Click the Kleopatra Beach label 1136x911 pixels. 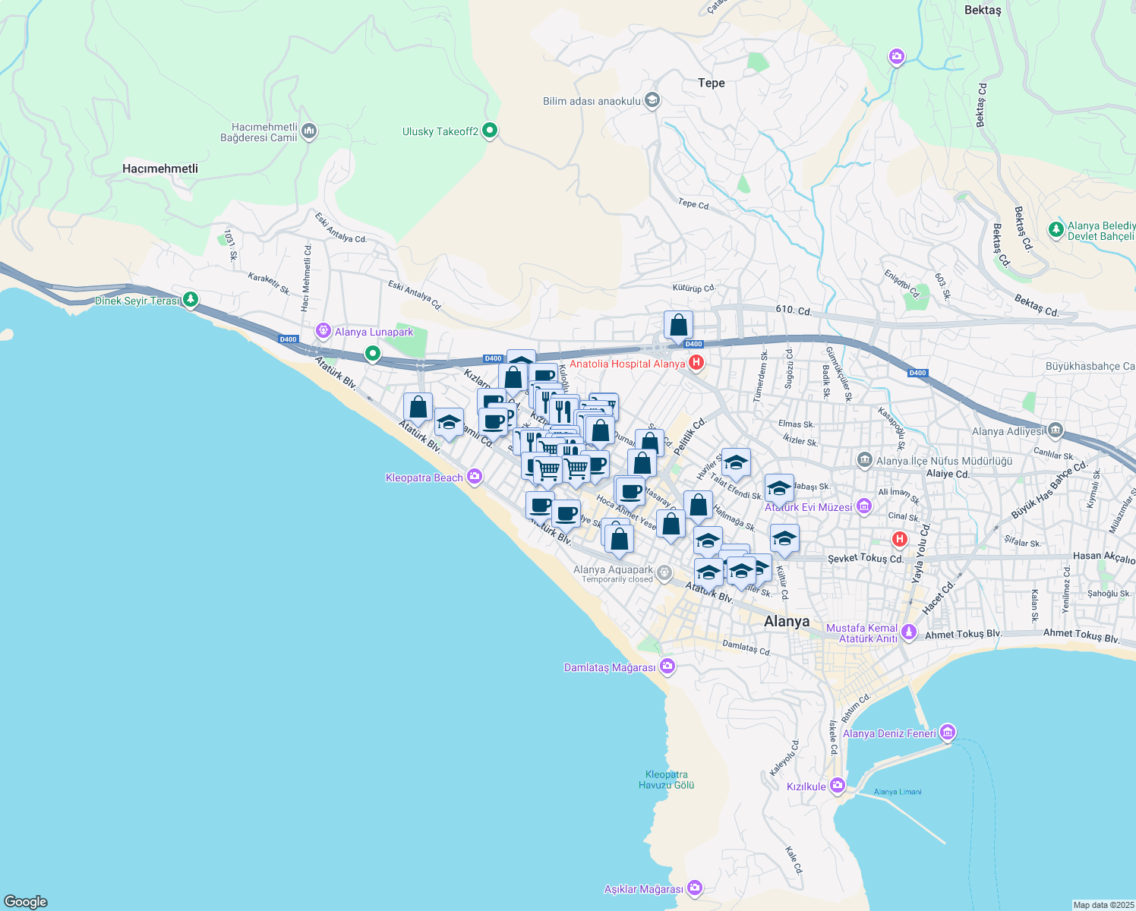tap(424, 478)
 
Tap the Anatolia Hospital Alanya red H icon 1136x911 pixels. tap(696, 363)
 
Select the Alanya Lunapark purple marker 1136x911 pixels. tap(324, 332)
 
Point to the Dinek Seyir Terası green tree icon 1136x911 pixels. tap(191, 301)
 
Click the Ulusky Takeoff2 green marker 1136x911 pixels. tap(490, 131)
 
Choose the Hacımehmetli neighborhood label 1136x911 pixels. tap(160, 169)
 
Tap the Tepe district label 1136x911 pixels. tap(712, 83)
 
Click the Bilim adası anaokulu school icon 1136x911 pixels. tap(652, 100)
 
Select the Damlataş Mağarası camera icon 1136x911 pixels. tap(667, 667)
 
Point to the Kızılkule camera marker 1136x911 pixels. tap(838, 786)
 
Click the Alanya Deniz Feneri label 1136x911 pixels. tap(889, 733)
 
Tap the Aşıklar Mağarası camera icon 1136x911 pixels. tap(694, 888)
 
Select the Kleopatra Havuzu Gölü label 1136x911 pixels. tap(666, 780)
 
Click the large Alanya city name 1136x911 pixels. tap(787, 621)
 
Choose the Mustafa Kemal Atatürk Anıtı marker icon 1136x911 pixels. tap(909, 632)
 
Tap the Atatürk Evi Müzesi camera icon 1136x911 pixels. tap(863, 506)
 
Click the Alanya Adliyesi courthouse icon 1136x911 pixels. tap(1055, 431)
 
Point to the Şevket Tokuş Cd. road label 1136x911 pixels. tap(865, 558)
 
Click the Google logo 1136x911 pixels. tap(26, 902)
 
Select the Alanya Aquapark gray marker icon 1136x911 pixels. tap(664, 573)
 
